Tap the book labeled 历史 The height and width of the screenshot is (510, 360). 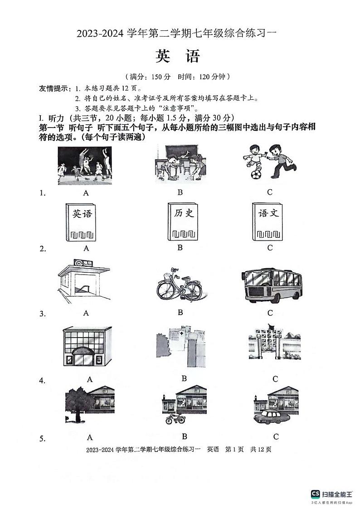coord(184,221)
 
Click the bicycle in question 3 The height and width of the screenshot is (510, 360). coord(180,286)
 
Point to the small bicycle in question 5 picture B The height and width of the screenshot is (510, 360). coord(175,418)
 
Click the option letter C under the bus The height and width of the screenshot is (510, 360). coord(270,313)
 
